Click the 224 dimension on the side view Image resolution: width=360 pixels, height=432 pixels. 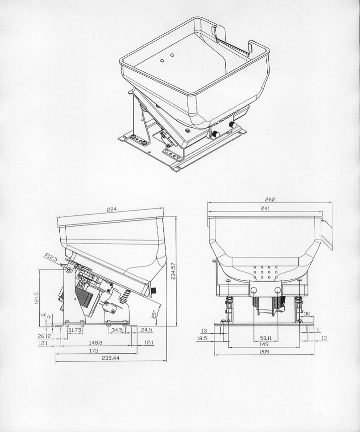point(112,209)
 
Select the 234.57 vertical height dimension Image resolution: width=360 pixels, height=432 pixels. point(173,271)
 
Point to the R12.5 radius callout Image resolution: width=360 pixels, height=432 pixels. point(51,258)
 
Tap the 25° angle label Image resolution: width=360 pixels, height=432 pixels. point(155,315)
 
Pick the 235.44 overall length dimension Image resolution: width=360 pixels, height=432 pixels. point(111,358)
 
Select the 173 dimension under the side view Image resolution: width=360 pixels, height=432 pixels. point(94,351)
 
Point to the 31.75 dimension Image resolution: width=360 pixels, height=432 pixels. point(74,330)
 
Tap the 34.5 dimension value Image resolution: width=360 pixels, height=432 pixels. point(117,330)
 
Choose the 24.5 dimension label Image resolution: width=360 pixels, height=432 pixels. point(146,330)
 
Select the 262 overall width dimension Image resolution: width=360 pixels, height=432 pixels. point(270,199)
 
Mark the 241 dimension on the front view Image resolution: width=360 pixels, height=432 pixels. point(265,208)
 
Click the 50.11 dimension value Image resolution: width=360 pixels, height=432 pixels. point(266,338)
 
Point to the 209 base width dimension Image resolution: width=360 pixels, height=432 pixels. point(264,352)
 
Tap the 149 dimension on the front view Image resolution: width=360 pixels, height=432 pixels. point(264,344)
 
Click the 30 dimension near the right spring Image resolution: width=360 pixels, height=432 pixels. point(307,314)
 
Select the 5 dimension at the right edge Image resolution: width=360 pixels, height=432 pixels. point(318,329)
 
